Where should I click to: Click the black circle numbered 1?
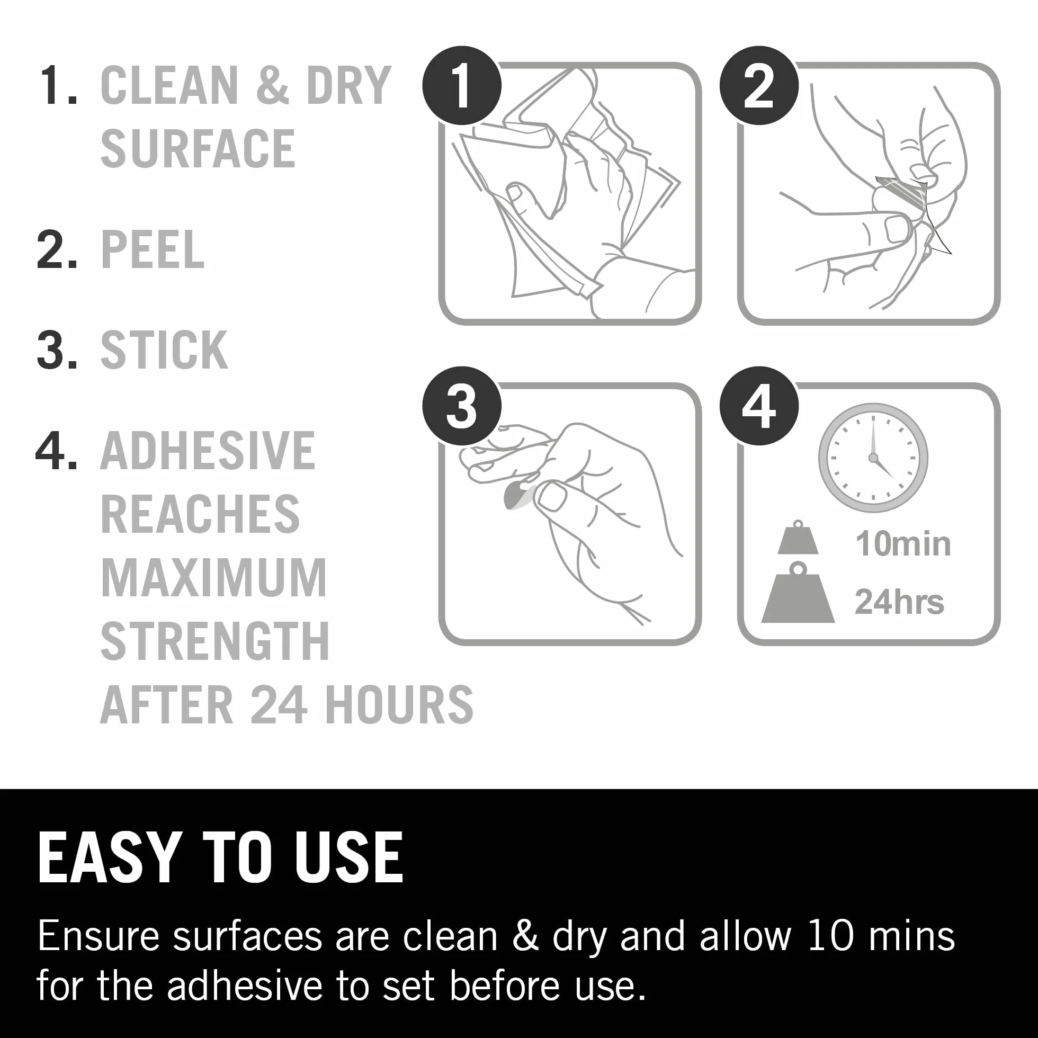(x=462, y=85)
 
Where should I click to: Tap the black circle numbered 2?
(x=759, y=85)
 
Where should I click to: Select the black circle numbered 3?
(x=462, y=406)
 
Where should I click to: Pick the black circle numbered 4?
(x=759, y=406)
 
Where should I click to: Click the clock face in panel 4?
(x=873, y=458)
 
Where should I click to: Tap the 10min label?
(x=903, y=544)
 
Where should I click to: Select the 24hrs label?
(x=899, y=601)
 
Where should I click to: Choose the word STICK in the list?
(x=164, y=350)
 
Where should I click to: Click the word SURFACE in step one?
(x=198, y=148)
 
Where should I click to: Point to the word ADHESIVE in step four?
(x=208, y=451)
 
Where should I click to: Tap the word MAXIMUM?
(x=214, y=578)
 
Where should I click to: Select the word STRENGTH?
(x=215, y=641)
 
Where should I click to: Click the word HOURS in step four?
(x=399, y=704)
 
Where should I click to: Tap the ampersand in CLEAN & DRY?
(x=273, y=85)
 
